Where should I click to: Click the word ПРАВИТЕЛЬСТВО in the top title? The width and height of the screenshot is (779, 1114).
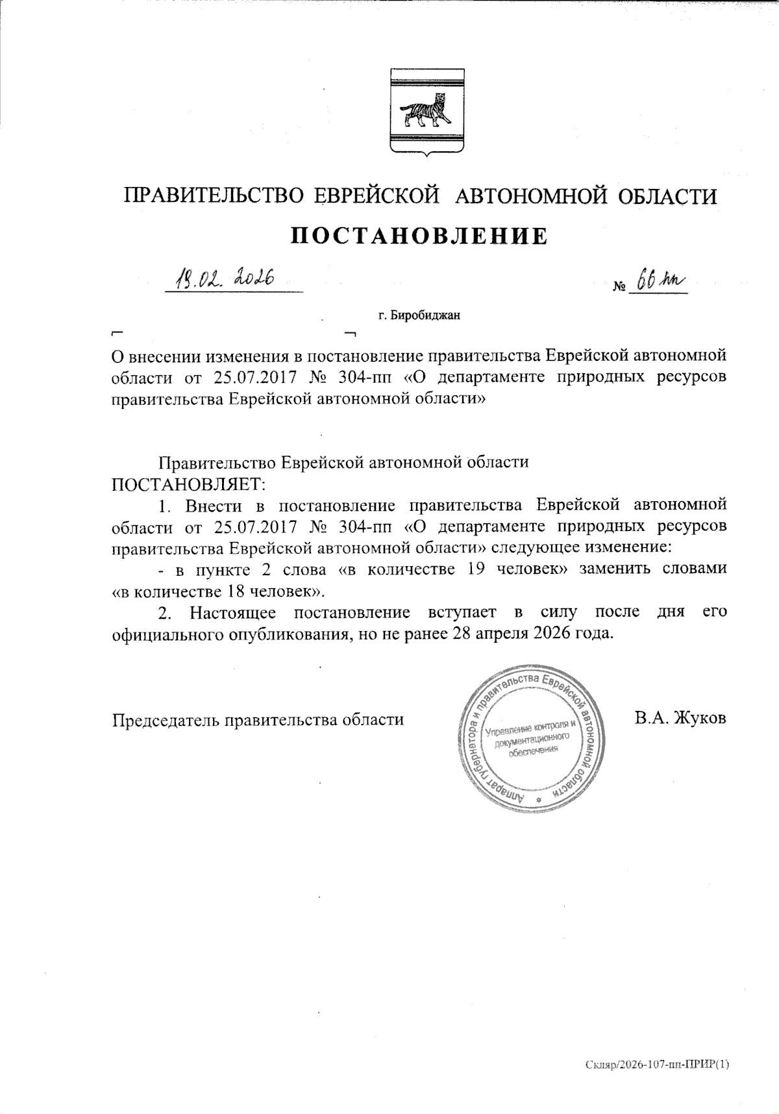click(x=214, y=196)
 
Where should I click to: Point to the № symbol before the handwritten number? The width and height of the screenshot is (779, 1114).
click(x=619, y=286)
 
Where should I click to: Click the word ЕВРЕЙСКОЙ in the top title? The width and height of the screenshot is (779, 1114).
click(x=374, y=196)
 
